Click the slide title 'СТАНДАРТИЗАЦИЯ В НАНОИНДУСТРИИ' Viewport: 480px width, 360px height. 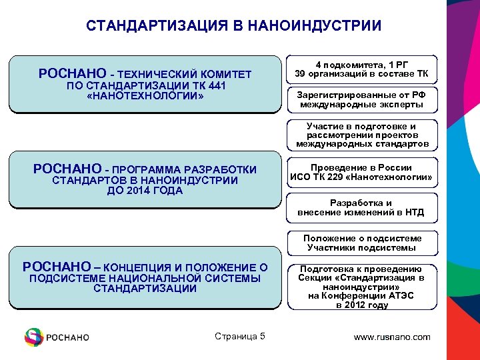pyautogui.click(x=233, y=26)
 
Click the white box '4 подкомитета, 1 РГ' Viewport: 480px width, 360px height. pyautogui.click(x=362, y=69)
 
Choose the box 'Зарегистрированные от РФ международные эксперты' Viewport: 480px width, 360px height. pyautogui.click(x=362, y=100)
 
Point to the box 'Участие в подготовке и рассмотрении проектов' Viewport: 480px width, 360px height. pyautogui.click(x=362, y=135)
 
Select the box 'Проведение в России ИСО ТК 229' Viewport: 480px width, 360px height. pyautogui.click(x=362, y=173)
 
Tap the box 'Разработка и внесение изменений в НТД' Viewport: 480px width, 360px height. pyautogui.click(x=362, y=208)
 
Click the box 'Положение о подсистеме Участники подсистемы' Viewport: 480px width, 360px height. pyautogui.click(x=362, y=243)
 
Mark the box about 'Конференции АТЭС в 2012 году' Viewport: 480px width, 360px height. pyautogui.click(x=362, y=287)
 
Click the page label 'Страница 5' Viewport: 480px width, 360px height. pyautogui.click(x=240, y=336)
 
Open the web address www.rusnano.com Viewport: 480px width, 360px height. pyautogui.click(x=392, y=337)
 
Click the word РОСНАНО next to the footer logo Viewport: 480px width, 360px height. pyautogui.click(x=67, y=337)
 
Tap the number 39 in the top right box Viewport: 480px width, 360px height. pyautogui.click(x=301, y=74)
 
